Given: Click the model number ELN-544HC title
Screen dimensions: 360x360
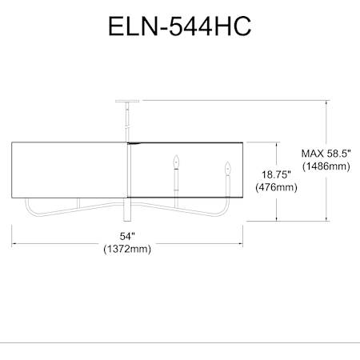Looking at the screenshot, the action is tap(179, 26).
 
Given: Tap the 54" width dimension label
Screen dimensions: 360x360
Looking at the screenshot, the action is tap(127, 236).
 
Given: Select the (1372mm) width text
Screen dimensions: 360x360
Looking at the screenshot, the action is tap(127, 249).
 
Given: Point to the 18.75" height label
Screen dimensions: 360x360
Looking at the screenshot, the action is tap(276, 175).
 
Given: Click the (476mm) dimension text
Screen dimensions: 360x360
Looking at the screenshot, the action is tap(276, 187).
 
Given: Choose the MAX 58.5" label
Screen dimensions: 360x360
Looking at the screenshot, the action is tap(326, 154).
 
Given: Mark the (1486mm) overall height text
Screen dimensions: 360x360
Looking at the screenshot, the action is tap(326, 166).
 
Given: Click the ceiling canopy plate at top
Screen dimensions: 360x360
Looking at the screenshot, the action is tap(127, 102).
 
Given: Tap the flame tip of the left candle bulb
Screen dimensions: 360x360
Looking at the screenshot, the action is tap(176, 156).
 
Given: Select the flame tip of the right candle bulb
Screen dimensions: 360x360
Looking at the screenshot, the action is tap(227, 162).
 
